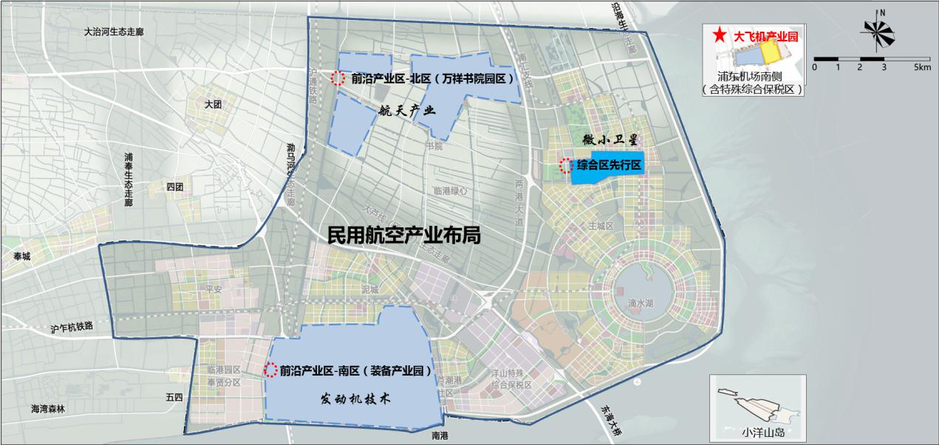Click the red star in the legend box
(x=717, y=35)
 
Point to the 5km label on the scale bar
(x=921, y=67)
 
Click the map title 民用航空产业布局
(x=404, y=235)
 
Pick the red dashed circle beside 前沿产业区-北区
(x=337, y=77)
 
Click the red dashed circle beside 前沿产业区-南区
(x=270, y=370)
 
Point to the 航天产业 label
(x=406, y=111)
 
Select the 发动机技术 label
(x=355, y=398)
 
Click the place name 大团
(x=214, y=105)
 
